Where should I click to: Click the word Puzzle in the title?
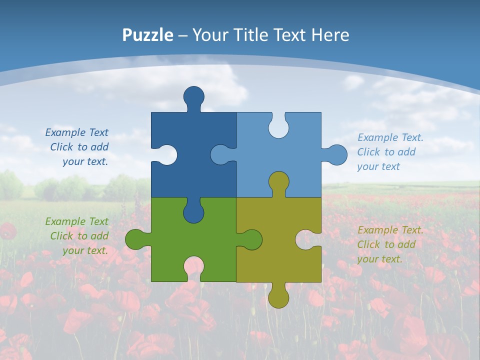148,35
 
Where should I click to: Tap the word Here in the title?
330,35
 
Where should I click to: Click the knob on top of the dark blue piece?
194,96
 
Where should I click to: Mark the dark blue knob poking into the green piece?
194,211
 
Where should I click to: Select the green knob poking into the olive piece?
251,239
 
